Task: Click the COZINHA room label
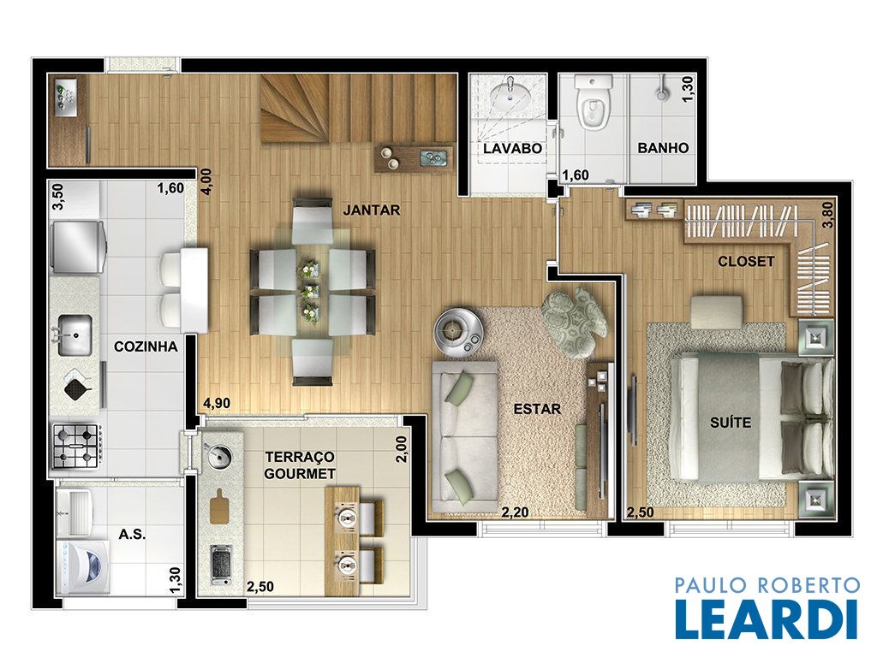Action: [146, 347]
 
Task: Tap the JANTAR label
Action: [372, 210]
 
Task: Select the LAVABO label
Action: [512, 149]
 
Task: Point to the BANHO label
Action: [663, 148]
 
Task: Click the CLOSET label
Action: [746, 262]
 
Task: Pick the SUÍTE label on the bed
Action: [731, 422]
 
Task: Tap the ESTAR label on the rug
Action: [537, 409]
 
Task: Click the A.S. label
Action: [132, 535]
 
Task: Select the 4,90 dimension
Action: [217, 404]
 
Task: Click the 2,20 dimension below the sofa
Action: [515, 512]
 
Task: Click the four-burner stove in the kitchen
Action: [76, 447]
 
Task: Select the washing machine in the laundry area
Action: [83, 566]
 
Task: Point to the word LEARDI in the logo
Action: [767, 619]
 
